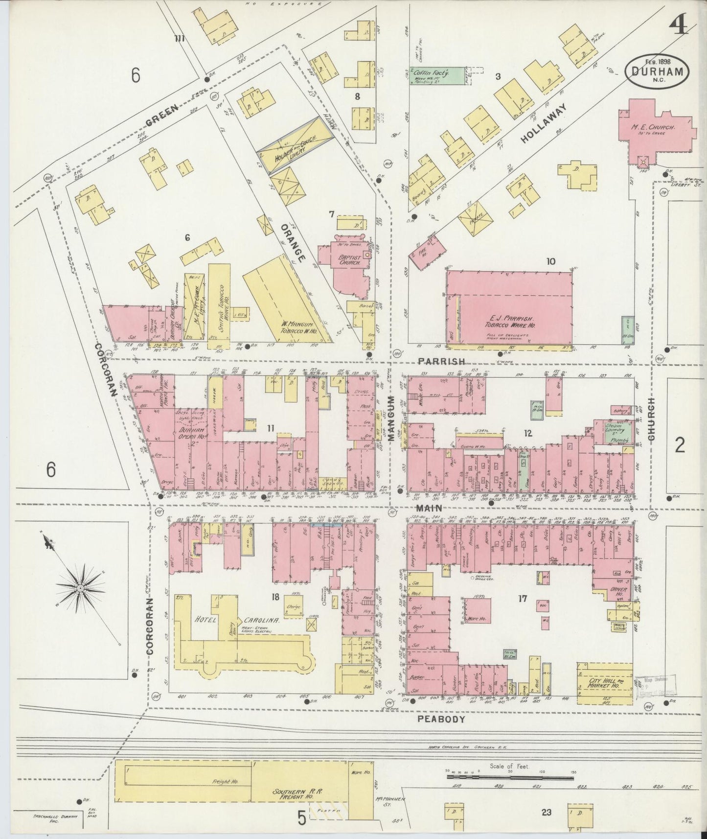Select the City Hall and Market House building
[604, 683]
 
